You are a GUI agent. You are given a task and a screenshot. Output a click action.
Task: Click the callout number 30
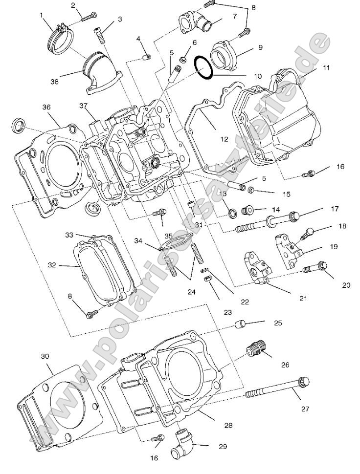pos(45,356)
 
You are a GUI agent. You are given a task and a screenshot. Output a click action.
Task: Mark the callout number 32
pos(52,265)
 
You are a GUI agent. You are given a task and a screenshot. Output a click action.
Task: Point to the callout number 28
pos(228,425)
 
